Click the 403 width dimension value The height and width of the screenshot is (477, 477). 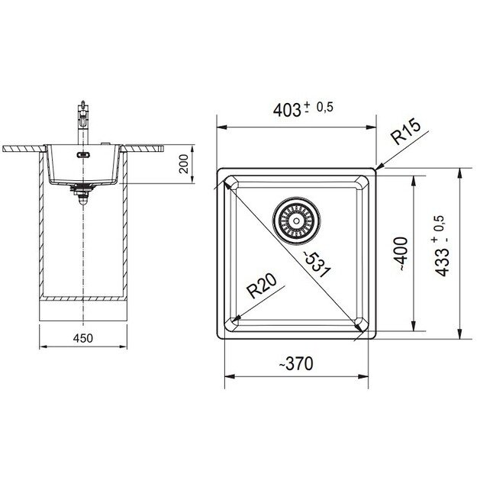point(286,110)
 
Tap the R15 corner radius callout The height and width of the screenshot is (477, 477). point(406,132)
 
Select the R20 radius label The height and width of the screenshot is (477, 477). point(262,286)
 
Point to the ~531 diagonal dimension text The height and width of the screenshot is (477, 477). point(318,264)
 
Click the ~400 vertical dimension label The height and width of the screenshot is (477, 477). point(401,254)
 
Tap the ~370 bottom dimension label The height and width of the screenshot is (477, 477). point(296,363)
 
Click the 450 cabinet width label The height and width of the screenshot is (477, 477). point(82,338)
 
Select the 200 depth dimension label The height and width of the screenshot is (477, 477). point(183,164)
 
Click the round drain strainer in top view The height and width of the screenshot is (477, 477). point(296,221)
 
